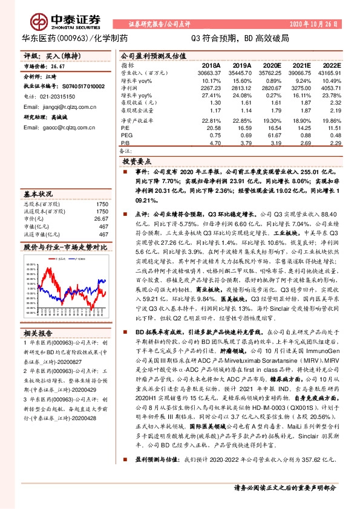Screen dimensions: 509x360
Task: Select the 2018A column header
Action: coord(211,65)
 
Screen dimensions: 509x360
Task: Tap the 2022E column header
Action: coord(331,65)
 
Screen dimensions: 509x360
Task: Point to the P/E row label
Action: coord(126,128)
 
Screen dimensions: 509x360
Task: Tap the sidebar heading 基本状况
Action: coord(38,195)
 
